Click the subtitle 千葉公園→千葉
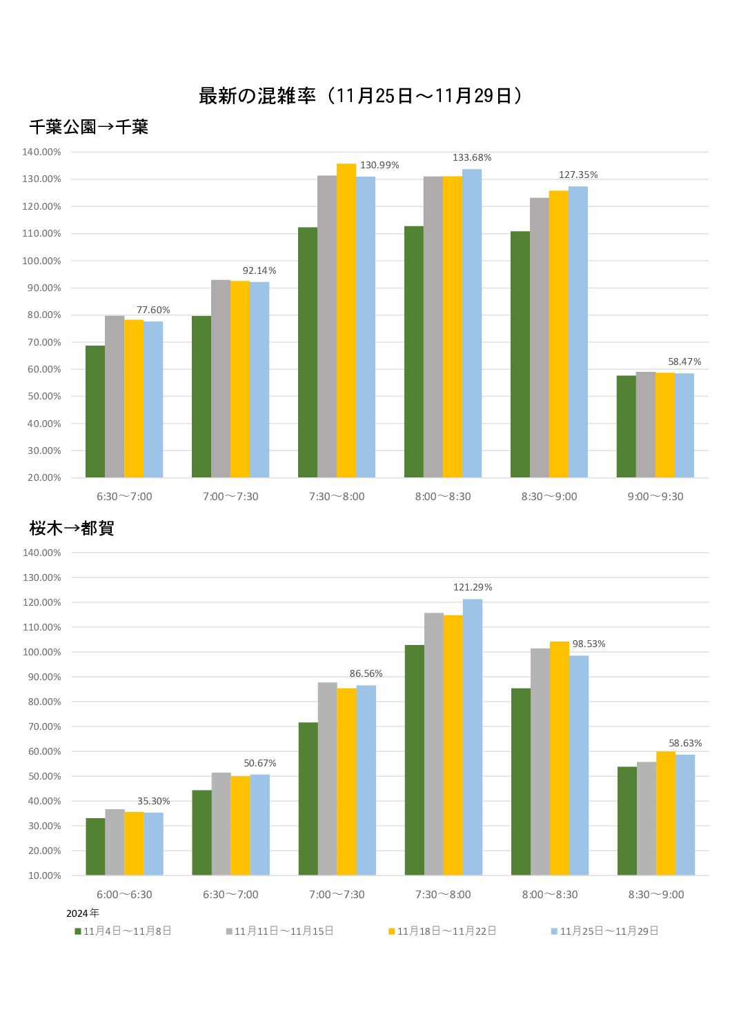pyautogui.click(x=89, y=127)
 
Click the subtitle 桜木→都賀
pyautogui.click(x=72, y=528)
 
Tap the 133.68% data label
pyautogui.click(x=472, y=158)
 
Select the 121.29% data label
pyautogui.click(x=473, y=588)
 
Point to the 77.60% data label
pyautogui.click(x=153, y=310)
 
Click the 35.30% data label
pyautogui.click(x=153, y=802)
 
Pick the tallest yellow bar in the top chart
pyautogui.click(x=346, y=321)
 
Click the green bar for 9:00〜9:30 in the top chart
pyautogui.click(x=626, y=426)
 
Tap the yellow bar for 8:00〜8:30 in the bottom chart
pyautogui.click(x=560, y=758)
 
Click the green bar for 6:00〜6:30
pyautogui.click(x=95, y=846)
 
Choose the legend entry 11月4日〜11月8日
pyautogui.click(x=124, y=931)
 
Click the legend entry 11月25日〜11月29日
pyautogui.click(x=605, y=931)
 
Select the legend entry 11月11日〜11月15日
pyautogui.click(x=280, y=931)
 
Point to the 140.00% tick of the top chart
pyautogui.click(x=42, y=152)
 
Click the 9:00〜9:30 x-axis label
pyautogui.click(x=655, y=497)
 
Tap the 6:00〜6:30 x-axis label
pyautogui.click(x=124, y=895)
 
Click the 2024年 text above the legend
pyautogui.click(x=83, y=913)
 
